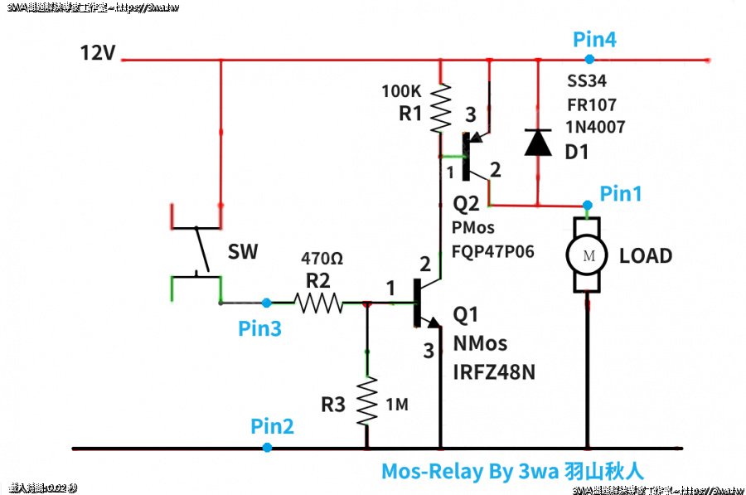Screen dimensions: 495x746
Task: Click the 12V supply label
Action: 97,54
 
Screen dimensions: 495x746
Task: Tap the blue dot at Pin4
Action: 589,59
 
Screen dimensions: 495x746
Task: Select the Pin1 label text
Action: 622,194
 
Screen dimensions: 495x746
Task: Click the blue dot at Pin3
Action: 266,303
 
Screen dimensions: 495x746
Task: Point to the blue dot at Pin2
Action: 267,448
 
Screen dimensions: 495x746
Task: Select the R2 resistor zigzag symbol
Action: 319,303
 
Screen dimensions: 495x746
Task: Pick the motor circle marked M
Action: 589,255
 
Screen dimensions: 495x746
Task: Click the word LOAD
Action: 647,255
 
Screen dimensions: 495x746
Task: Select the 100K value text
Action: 400,90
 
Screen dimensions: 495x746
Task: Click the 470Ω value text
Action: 322,259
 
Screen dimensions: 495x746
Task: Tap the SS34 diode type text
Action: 587,83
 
